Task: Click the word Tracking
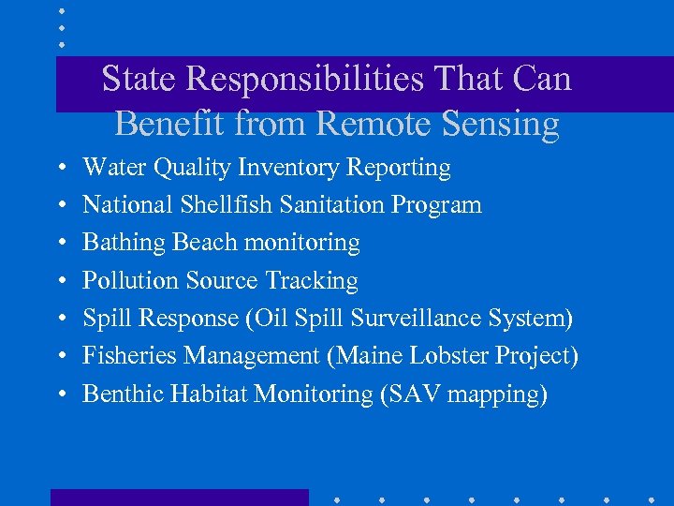312,280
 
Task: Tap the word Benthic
123,394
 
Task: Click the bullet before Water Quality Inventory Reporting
60,169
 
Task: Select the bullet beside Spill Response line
60,319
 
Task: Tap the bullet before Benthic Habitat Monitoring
60,394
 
